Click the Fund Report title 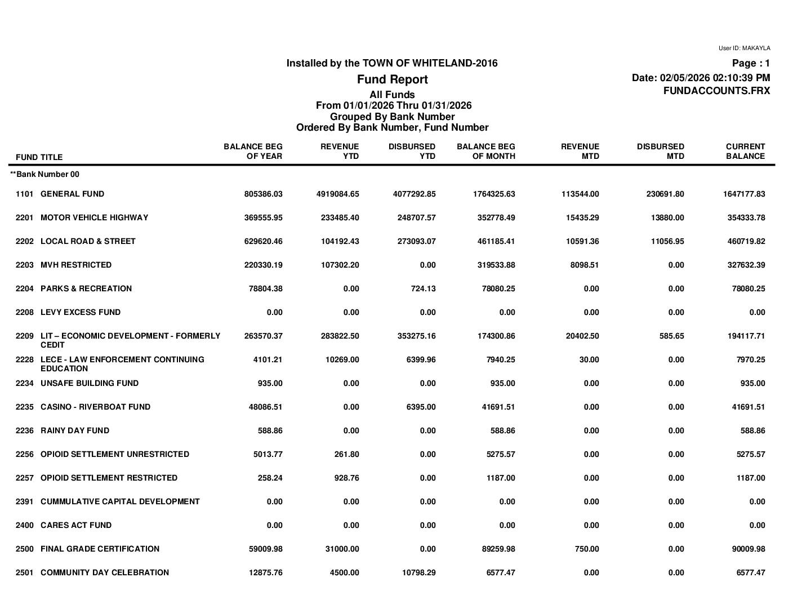(392, 79)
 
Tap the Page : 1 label (751, 64)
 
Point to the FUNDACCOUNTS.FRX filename (716, 91)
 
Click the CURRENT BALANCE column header (745, 151)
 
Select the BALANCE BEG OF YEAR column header (253, 151)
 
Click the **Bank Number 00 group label (45, 175)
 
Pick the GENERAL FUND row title (72, 194)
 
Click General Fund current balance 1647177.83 (744, 194)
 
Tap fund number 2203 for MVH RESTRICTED (25, 265)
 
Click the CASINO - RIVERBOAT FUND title (95, 407)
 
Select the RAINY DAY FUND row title (75, 430)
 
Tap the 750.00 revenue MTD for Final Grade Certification (586, 549)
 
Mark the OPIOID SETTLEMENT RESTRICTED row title (109, 478)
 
